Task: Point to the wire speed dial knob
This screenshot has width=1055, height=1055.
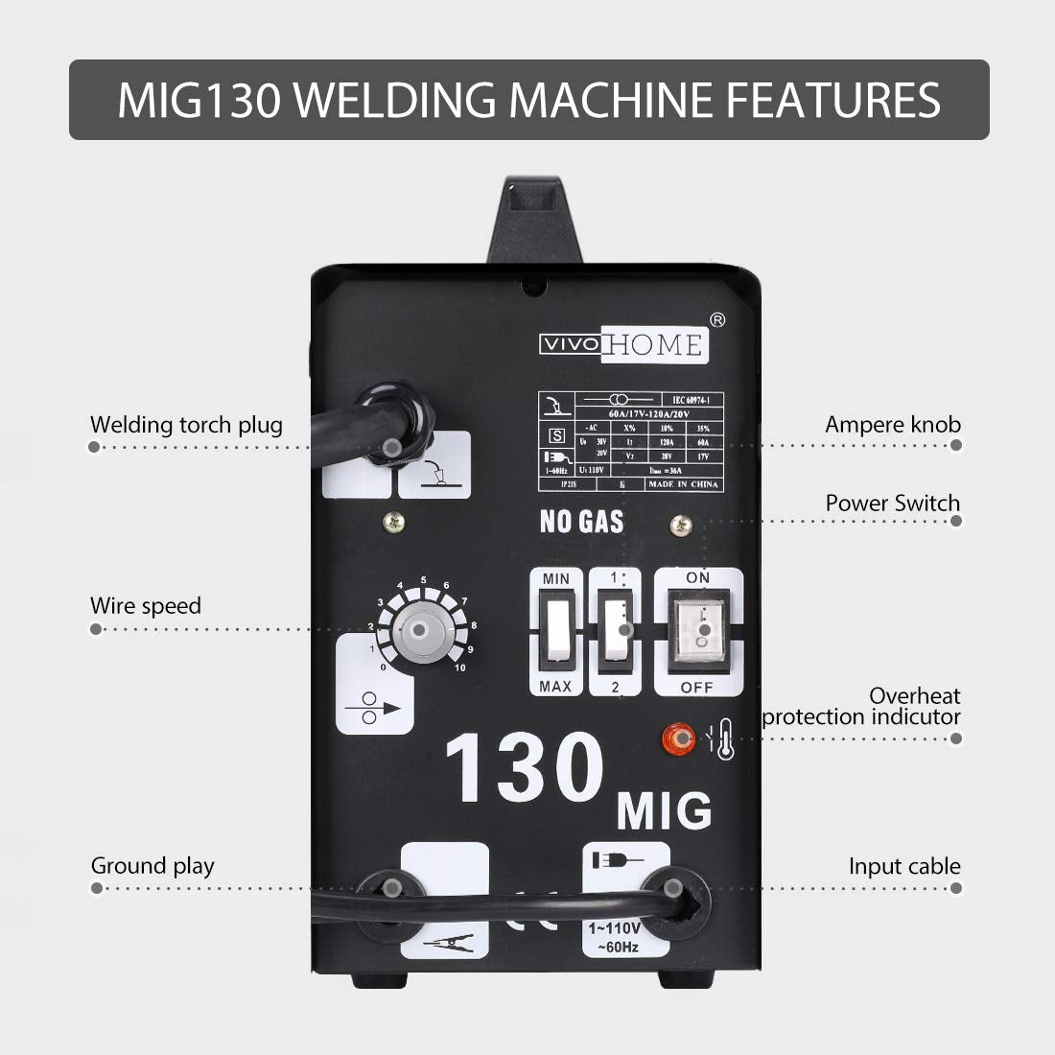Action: [419, 630]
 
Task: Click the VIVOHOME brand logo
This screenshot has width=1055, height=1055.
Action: [621, 345]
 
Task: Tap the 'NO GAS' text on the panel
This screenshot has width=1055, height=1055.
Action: [581, 522]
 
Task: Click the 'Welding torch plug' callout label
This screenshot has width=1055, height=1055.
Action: [186, 425]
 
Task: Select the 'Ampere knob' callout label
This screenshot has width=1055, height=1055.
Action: [892, 424]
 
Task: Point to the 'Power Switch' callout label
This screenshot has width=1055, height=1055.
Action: [892, 504]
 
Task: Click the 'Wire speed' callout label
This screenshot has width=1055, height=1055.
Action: [146, 606]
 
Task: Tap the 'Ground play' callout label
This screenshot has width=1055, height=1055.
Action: [152, 866]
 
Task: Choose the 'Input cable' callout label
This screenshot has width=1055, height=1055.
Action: [903, 867]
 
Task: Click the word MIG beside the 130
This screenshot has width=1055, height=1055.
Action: [664, 811]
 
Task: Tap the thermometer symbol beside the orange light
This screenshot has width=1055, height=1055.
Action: [723, 738]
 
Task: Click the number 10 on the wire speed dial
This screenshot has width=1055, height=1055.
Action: [460, 668]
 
